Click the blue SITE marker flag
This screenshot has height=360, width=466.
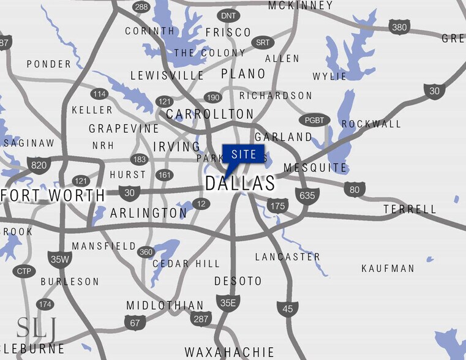(243, 154)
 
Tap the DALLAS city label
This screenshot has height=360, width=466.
(240, 183)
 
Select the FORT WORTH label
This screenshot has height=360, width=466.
(53, 195)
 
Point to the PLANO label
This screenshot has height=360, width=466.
(243, 74)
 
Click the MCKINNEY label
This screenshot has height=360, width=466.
(301, 6)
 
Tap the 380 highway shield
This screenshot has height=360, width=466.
(399, 27)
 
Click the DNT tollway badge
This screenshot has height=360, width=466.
(228, 15)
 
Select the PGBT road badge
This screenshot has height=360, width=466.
(315, 120)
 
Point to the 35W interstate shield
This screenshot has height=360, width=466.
(59, 259)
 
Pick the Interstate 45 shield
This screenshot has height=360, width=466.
(287, 309)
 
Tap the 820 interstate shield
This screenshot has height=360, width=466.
(38, 165)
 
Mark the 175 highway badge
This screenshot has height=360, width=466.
(278, 206)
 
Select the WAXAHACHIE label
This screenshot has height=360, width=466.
(230, 352)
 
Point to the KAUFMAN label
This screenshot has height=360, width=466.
(388, 268)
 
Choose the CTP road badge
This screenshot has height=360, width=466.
(23, 271)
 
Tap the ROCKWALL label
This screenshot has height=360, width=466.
(371, 124)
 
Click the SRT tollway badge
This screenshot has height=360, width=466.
(263, 43)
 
